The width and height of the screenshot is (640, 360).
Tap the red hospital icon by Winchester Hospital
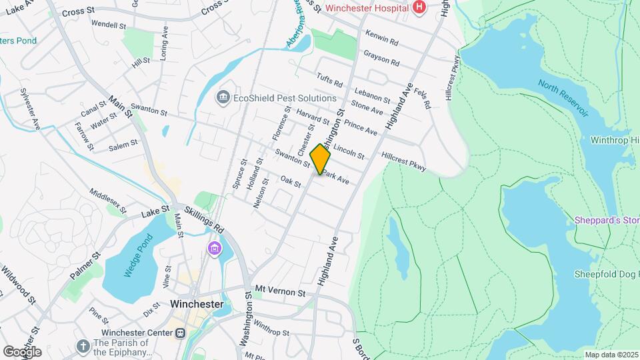(419, 7)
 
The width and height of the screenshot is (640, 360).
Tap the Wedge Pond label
(137, 256)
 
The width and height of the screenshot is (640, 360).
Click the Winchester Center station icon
(179, 333)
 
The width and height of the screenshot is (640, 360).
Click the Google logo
(22, 351)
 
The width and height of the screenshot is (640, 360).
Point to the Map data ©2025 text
(611, 355)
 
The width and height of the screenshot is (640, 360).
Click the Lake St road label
(157, 213)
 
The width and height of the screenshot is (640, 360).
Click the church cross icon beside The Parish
(83, 347)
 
